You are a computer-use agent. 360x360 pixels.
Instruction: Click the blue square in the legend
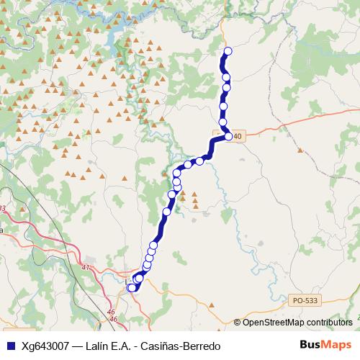pyautogui.click(x=10, y=346)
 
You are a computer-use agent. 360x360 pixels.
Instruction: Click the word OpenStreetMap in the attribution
pyautogui.click(x=275, y=323)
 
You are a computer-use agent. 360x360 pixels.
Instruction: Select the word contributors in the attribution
pyautogui.click(x=330, y=323)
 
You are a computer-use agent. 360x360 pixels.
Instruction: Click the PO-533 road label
pyautogui.click(x=305, y=300)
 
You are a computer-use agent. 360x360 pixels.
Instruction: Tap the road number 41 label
pyautogui.click(x=86, y=267)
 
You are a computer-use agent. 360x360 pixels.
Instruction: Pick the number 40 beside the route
pyautogui.click(x=239, y=135)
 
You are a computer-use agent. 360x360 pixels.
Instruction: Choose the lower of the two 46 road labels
pyautogui.click(x=112, y=318)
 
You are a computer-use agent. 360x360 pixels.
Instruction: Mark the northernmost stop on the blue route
pyautogui.click(x=228, y=50)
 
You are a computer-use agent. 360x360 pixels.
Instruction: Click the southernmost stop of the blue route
pyautogui.click(x=132, y=288)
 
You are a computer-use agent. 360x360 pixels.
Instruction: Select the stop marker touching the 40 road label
pyautogui.click(x=228, y=136)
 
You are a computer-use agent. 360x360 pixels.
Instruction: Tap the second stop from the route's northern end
pyautogui.click(x=226, y=77)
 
